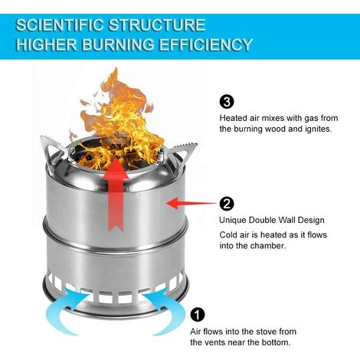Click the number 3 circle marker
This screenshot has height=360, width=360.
coord(227,102)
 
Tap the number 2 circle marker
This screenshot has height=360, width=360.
coord(227,204)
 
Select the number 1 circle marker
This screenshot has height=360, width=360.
coord(198,315)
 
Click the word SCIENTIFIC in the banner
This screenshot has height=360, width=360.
coord(60,25)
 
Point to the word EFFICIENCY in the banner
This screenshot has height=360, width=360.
coord(205,44)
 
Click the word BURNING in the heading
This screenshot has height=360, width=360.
coord(118,44)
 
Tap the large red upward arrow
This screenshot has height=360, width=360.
coord(116,194)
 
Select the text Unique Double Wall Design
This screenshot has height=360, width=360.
coord(272,220)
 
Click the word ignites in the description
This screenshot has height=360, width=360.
coord(319,129)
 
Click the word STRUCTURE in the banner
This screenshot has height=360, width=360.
coord(157,25)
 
